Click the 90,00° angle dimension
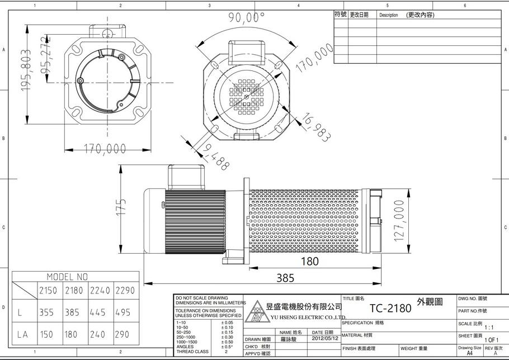[246, 17]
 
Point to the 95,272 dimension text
[48, 55]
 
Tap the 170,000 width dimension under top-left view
[105, 149]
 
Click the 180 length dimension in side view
[309, 261]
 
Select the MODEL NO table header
[67, 277]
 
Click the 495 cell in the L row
[125, 312]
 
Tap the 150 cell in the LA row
[48, 334]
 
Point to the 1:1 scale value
[488, 328]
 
